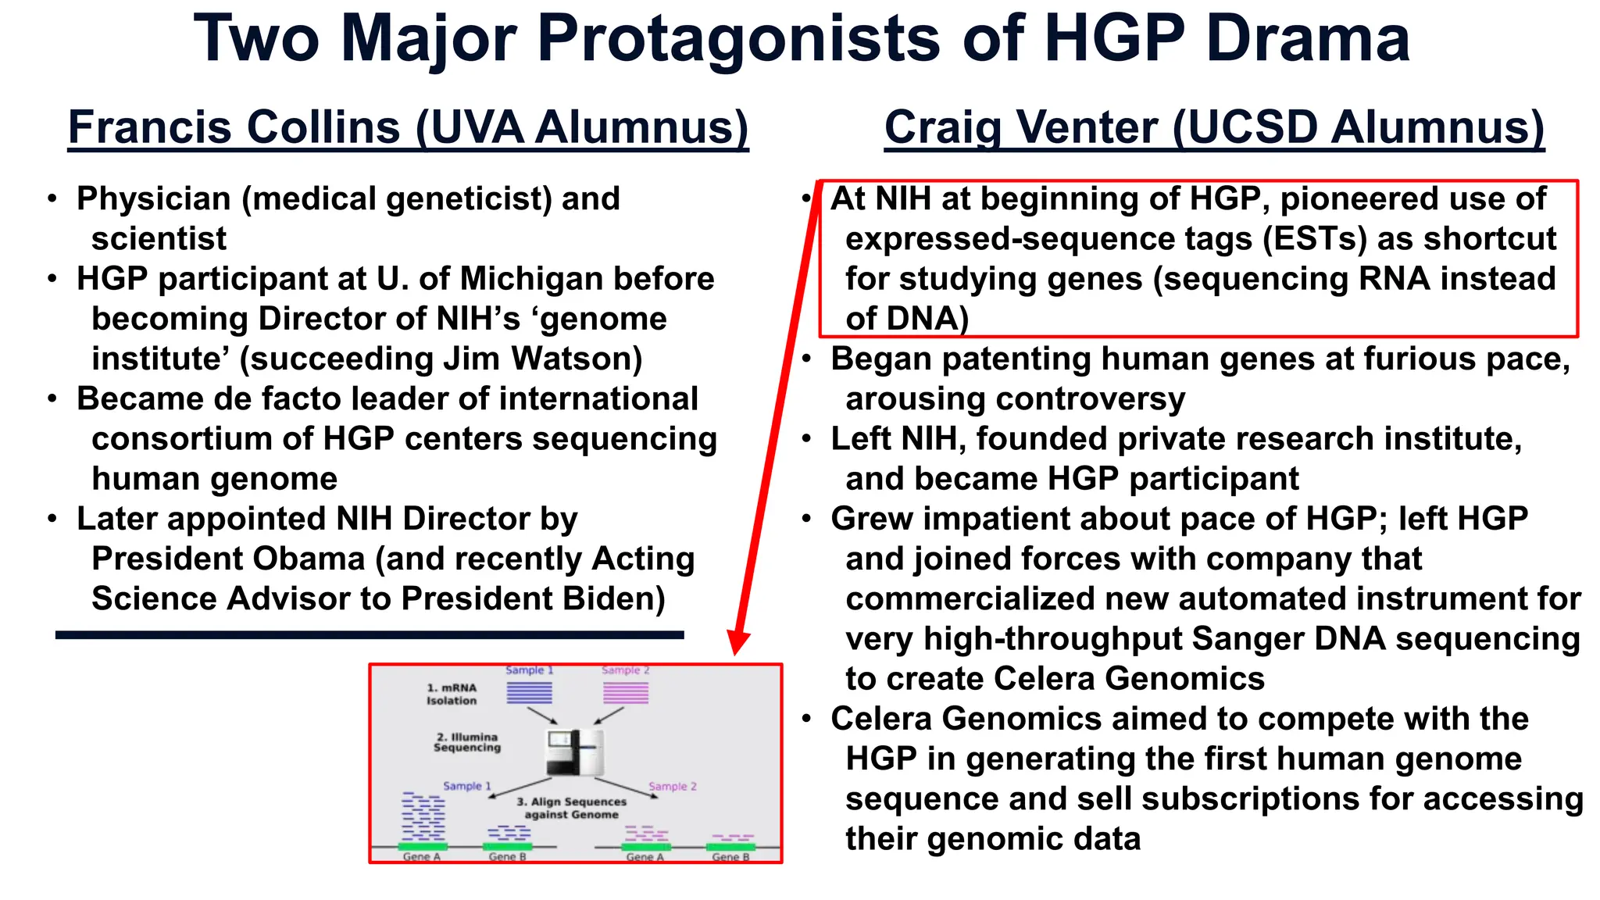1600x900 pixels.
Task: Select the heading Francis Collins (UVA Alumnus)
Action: coord(408,127)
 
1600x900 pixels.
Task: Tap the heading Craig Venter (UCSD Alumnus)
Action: coord(1214,127)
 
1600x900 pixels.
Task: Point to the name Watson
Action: coord(576,359)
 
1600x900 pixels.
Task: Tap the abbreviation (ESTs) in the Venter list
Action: coord(1315,239)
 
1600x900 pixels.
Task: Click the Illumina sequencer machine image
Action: coord(574,752)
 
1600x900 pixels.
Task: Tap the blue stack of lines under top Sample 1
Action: coord(529,693)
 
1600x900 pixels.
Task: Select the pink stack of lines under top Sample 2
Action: coord(626,693)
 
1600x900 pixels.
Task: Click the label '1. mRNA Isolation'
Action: coord(452,695)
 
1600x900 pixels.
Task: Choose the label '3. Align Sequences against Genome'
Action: coord(571,808)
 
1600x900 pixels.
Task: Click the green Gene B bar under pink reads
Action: coord(730,847)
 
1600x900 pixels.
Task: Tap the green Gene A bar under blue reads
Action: coord(423,847)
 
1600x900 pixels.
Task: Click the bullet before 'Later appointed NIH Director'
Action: coord(52,520)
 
